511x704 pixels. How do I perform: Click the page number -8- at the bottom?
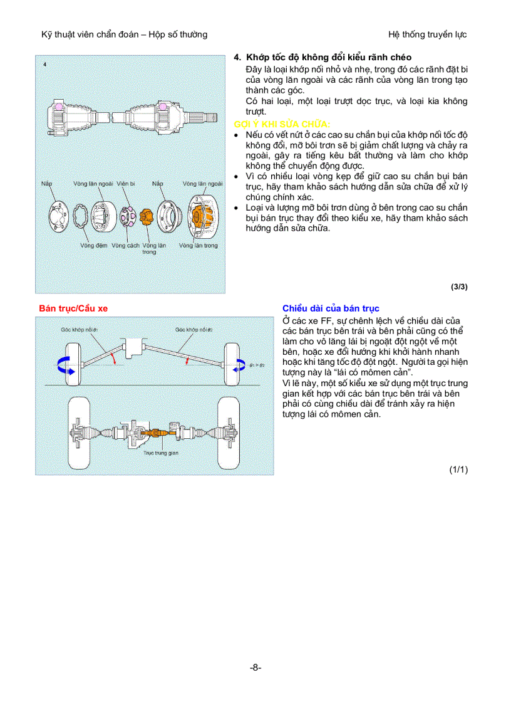tap(255, 668)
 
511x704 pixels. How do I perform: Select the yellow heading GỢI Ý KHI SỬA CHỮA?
tap(282, 124)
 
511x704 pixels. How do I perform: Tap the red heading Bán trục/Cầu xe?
tap(73, 308)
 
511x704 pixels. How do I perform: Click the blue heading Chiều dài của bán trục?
tap(331, 308)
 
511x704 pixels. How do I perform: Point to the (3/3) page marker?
tap(459, 287)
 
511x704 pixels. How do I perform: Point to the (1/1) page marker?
tap(458, 469)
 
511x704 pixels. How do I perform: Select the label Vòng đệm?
tap(93, 245)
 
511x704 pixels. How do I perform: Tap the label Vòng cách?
tap(125, 245)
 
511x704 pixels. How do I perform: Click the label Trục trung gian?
tap(161, 452)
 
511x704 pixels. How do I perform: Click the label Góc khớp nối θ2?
tap(194, 329)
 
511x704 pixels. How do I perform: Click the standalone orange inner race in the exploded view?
tap(147, 218)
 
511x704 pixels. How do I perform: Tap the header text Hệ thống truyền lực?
tap(427, 34)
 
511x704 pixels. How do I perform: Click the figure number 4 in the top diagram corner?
tap(44, 64)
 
